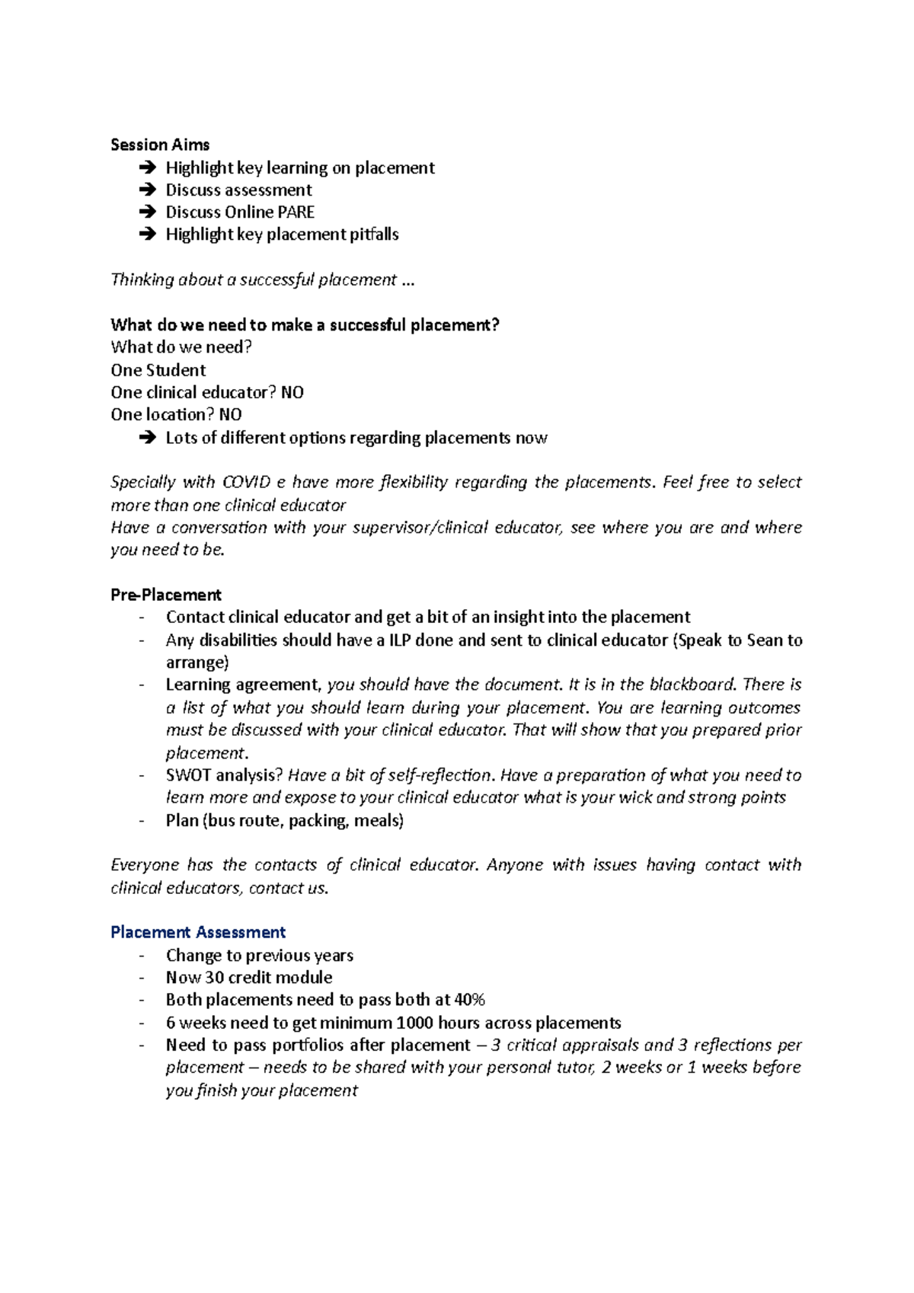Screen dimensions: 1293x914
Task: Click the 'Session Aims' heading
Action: click(x=160, y=145)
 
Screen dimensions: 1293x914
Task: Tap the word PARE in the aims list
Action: click(x=296, y=212)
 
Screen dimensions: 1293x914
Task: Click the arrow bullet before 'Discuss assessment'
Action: click(x=147, y=190)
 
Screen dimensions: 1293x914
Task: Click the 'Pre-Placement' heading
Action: click(x=165, y=595)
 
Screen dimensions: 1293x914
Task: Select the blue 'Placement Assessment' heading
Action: click(x=198, y=932)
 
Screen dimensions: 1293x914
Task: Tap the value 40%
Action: click(x=469, y=1000)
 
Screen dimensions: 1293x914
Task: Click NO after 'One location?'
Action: click(x=230, y=414)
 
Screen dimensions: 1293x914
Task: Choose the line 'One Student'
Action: click(x=158, y=370)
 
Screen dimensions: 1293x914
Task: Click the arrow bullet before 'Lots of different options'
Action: click(x=147, y=438)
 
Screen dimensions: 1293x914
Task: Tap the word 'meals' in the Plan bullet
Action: click(x=376, y=820)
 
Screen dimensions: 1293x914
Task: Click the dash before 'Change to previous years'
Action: click(x=142, y=956)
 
